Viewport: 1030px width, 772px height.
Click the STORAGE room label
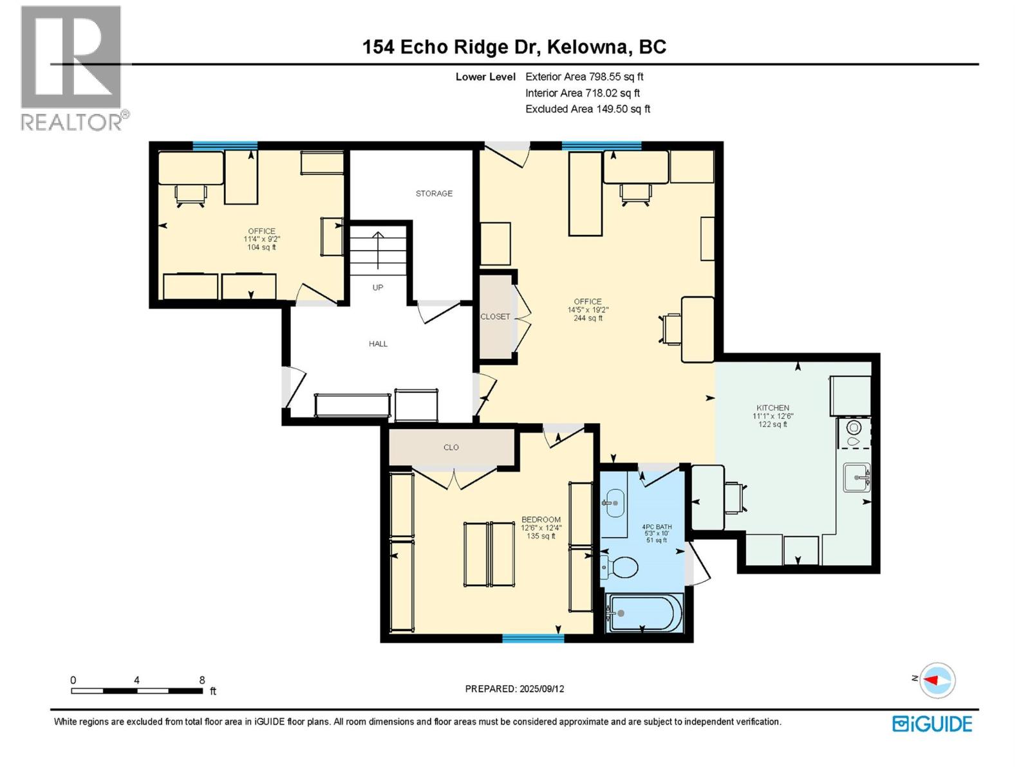(x=434, y=193)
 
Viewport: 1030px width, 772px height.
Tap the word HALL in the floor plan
(x=378, y=344)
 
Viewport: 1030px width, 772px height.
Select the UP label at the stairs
(x=378, y=288)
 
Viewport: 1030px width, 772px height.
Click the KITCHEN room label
(x=772, y=408)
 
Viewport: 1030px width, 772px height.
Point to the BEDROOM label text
(x=541, y=520)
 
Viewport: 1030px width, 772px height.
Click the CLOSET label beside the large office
(x=495, y=317)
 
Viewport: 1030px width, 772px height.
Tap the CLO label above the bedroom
(x=451, y=447)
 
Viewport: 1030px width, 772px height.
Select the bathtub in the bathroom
(x=644, y=613)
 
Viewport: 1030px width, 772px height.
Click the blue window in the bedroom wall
(x=533, y=638)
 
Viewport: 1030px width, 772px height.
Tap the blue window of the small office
(x=225, y=146)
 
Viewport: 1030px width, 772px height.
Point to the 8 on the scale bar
(x=201, y=680)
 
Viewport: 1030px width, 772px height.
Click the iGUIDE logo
(x=932, y=724)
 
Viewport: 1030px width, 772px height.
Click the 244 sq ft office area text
(x=588, y=318)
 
